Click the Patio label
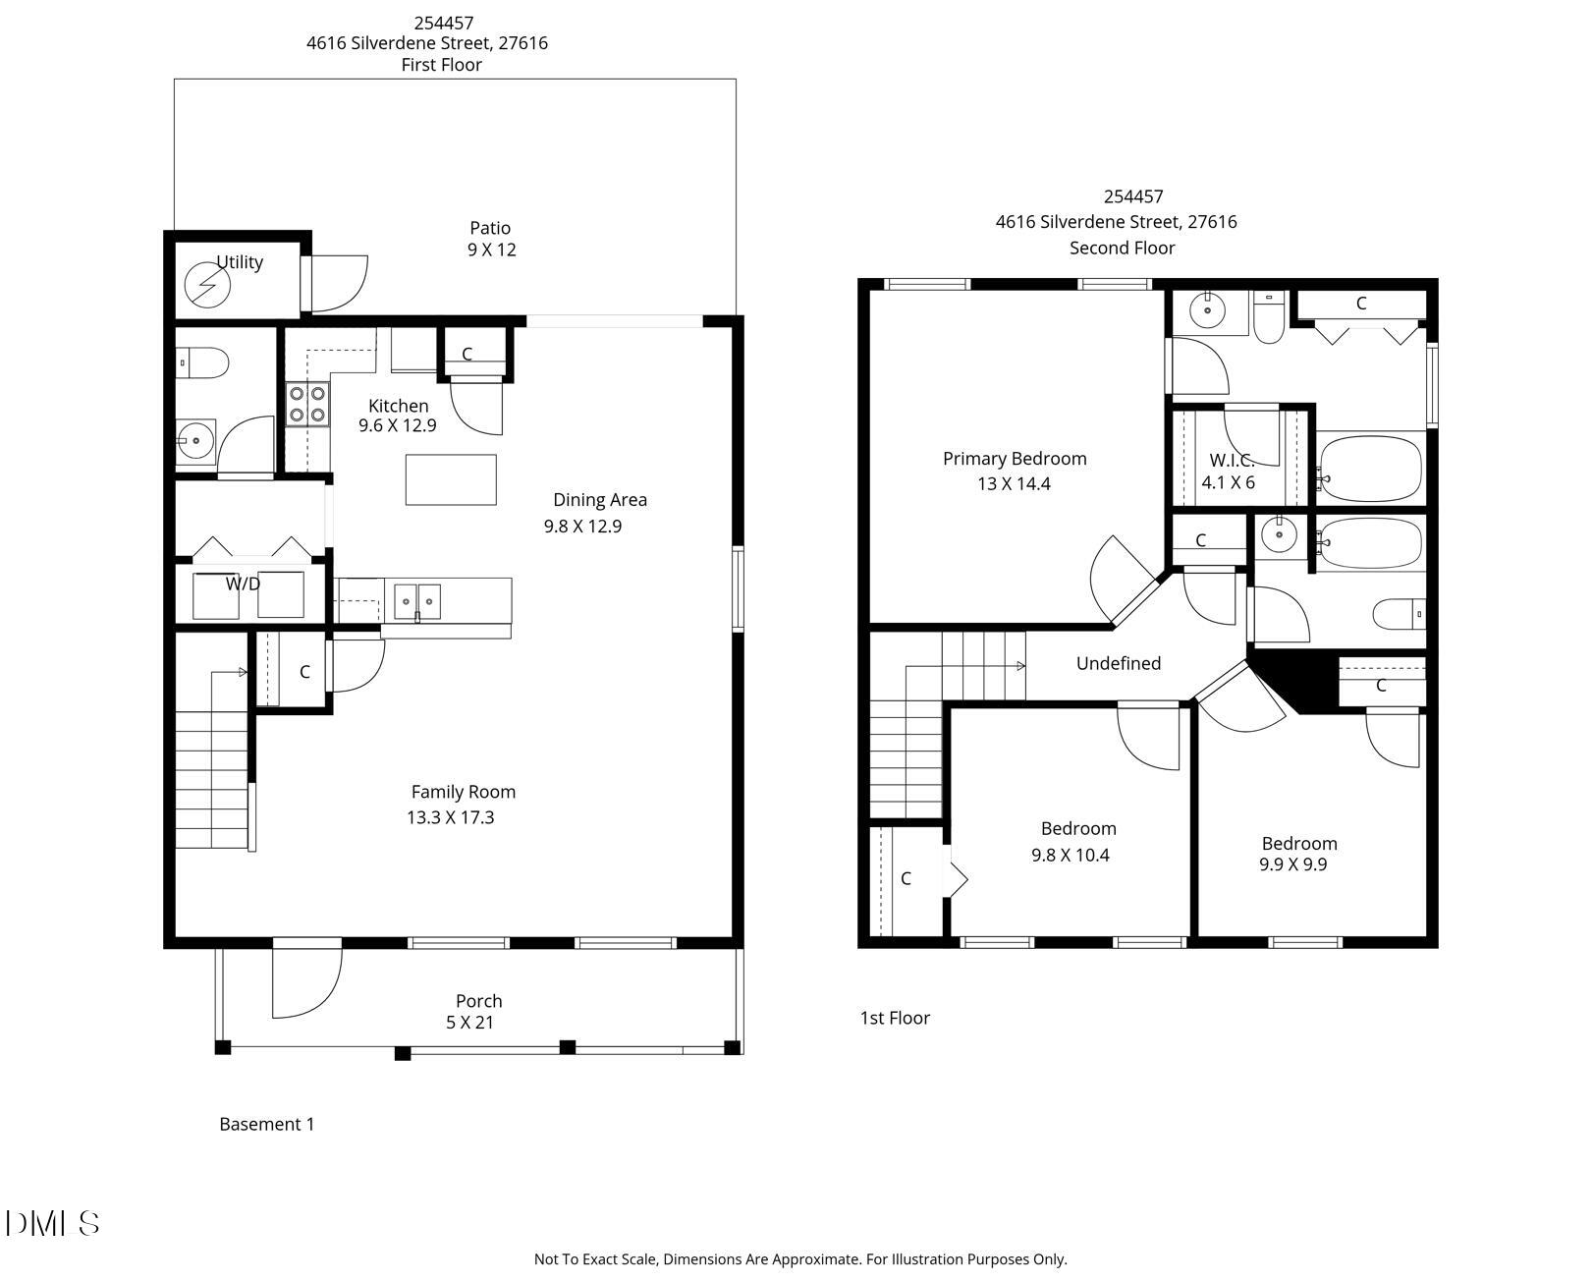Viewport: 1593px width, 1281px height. pyautogui.click(x=489, y=228)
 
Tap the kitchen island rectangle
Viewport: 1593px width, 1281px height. pyautogui.click(x=451, y=479)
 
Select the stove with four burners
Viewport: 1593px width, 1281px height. pyautogui.click(x=307, y=404)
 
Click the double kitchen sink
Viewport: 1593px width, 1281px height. pyautogui.click(x=417, y=600)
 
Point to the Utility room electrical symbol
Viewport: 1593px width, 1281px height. pyautogui.click(x=207, y=286)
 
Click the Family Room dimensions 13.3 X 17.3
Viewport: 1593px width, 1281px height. pyautogui.click(x=450, y=817)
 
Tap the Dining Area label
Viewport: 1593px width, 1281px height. pyautogui.click(x=599, y=500)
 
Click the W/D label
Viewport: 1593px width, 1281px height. pyautogui.click(x=243, y=585)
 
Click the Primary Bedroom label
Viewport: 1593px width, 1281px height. pyautogui.click(x=1014, y=459)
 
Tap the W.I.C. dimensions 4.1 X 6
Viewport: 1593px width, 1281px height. pyautogui.click(x=1228, y=483)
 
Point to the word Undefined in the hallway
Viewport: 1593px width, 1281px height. pyautogui.click(x=1118, y=664)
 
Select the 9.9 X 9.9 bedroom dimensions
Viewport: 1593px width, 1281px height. pyautogui.click(x=1292, y=865)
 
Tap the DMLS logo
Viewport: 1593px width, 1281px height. pyautogui.click(x=53, y=1223)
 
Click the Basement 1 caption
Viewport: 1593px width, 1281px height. pyautogui.click(x=266, y=1125)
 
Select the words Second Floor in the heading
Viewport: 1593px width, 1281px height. pyautogui.click(x=1122, y=249)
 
